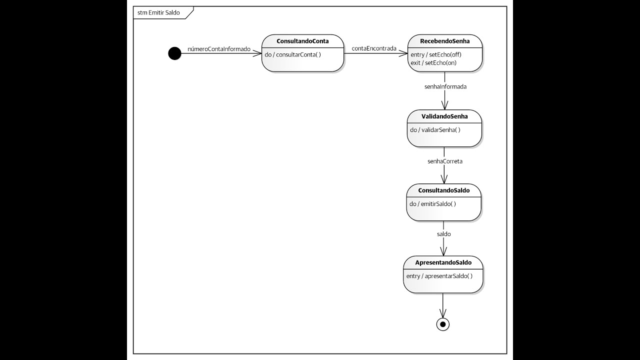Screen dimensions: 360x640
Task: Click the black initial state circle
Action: point(174,53)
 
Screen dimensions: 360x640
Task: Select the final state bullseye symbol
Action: point(442,324)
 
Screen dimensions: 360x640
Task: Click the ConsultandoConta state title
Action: point(302,41)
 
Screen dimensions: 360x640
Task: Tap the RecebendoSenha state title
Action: point(444,41)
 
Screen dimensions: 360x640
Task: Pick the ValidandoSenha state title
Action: point(444,116)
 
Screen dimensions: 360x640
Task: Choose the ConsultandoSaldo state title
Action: point(443,190)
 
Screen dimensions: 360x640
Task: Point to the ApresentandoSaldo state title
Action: point(443,262)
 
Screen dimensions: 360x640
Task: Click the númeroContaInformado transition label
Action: point(218,49)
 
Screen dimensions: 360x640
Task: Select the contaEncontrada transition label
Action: point(374,48)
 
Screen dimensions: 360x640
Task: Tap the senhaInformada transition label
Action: point(445,86)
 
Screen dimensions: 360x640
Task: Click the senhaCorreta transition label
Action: point(444,161)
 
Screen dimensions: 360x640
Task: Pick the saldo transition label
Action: point(443,233)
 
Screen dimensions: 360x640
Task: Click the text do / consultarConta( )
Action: point(292,54)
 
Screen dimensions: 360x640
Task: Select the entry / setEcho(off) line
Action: point(435,54)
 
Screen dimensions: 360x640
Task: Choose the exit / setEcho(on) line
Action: point(433,63)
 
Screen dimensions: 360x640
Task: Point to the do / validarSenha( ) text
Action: point(435,130)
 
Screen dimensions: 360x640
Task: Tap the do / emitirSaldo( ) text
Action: point(432,204)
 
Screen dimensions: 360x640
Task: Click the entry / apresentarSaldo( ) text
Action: point(439,276)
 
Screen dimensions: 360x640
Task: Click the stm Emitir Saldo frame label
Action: point(158,12)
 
